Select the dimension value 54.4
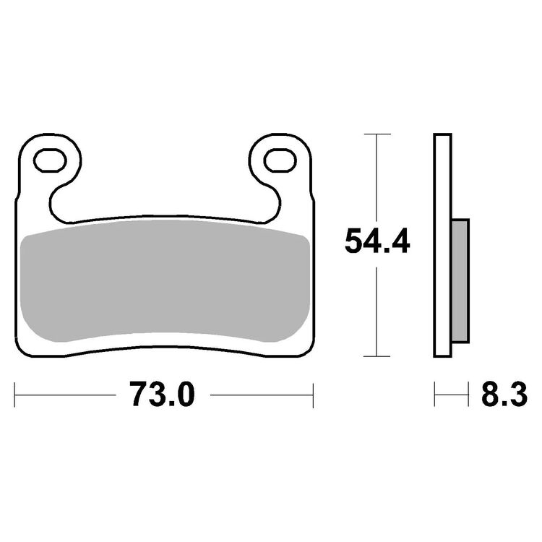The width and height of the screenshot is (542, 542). [377, 242]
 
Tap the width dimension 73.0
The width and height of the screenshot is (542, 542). [163, 395]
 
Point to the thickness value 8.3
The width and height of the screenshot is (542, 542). [503, 395]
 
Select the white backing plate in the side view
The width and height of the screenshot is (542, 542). [443, 246]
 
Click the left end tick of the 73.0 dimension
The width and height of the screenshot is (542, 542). [16, 395]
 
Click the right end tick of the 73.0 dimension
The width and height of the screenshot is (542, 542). [312, 395]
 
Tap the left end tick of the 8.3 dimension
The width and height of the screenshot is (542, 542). [435, 395]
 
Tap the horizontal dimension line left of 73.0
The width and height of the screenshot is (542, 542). [65, 395]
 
